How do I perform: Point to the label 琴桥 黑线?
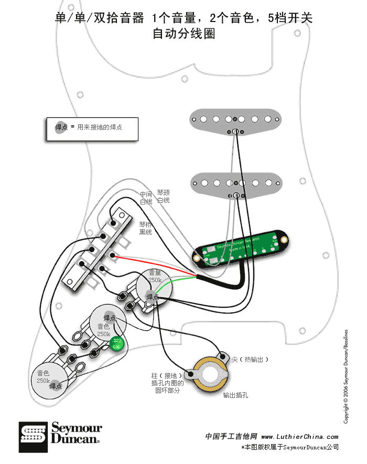point(145,228)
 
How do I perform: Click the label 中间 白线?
point(146,198)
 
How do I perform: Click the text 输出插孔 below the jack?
point(235,395)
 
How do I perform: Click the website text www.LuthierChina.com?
point(299,436)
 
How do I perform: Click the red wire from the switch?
point(157,265)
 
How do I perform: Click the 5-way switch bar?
point(98,247)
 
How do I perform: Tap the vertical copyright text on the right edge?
point(346,376)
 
